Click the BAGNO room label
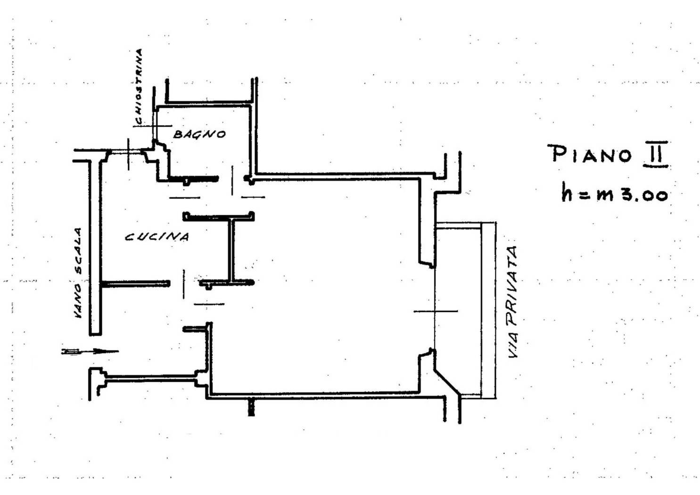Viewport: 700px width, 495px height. tap(199, 134)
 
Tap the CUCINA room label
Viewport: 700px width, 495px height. tap(157, 237)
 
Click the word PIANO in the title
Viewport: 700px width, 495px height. tap(591, 154)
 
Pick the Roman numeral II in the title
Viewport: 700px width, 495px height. tap(655, 154)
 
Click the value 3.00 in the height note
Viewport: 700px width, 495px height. tap(643, 195)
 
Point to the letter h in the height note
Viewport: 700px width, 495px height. tap(567, 192)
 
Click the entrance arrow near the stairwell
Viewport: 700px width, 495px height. tap(90, 352)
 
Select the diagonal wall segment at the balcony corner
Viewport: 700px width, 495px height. tap(446, 383)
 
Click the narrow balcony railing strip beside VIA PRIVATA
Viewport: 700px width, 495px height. tap(488, 311)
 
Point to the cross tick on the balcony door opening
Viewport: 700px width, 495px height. tap(435, 311)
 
